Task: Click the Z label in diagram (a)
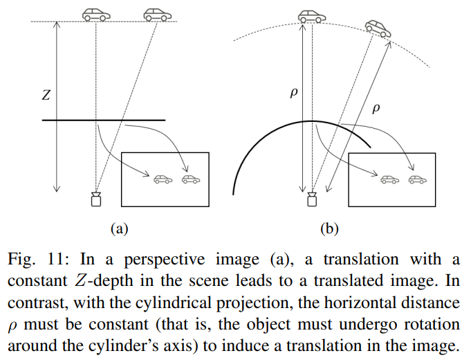click(46, 95)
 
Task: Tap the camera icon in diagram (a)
click(96, 199)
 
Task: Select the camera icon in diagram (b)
click(312, 199)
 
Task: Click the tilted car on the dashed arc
click(378, 29)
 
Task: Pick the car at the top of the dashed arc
click(312, 17)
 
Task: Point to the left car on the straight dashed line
click(96, 15)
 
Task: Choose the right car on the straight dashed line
click(158, 15)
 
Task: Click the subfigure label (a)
click(119, 229)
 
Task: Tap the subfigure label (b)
click(329, 229)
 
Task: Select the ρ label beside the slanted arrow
click(376, 108)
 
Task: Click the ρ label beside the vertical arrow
click(294, 93)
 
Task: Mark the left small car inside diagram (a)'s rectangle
click(163, 179)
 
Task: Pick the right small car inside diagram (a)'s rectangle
click(191, 179)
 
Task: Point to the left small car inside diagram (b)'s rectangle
click(389, 179)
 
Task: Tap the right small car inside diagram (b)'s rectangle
click(418, 179)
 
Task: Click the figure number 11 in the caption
click(56, 259)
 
